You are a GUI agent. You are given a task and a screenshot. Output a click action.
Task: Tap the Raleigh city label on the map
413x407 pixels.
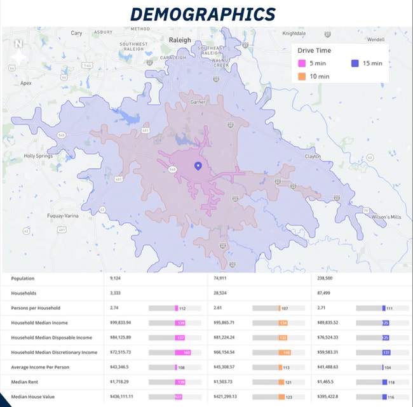(180, 40)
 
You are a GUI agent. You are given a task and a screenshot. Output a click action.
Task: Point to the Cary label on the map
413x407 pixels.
(77, 33)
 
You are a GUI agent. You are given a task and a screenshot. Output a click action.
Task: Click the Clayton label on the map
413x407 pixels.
(313, 156)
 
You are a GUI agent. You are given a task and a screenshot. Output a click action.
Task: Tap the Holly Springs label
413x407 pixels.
(39, 156)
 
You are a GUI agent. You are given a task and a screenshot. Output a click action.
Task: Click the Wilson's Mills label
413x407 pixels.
(387, 217)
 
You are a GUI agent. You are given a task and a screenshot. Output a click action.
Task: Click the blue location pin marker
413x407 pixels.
(198, 166)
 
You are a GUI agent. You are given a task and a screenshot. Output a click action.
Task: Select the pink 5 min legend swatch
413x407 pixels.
(302, 63)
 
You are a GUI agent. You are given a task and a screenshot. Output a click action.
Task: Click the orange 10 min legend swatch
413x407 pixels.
(302, 76)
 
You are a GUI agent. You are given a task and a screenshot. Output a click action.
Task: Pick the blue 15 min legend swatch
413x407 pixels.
(355, 63)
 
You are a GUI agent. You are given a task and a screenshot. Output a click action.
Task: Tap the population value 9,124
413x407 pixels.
(115, 278)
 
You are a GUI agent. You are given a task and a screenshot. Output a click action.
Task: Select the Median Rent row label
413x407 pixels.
(26, 382)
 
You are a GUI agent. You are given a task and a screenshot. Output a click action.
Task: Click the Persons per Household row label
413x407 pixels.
(36, 308)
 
